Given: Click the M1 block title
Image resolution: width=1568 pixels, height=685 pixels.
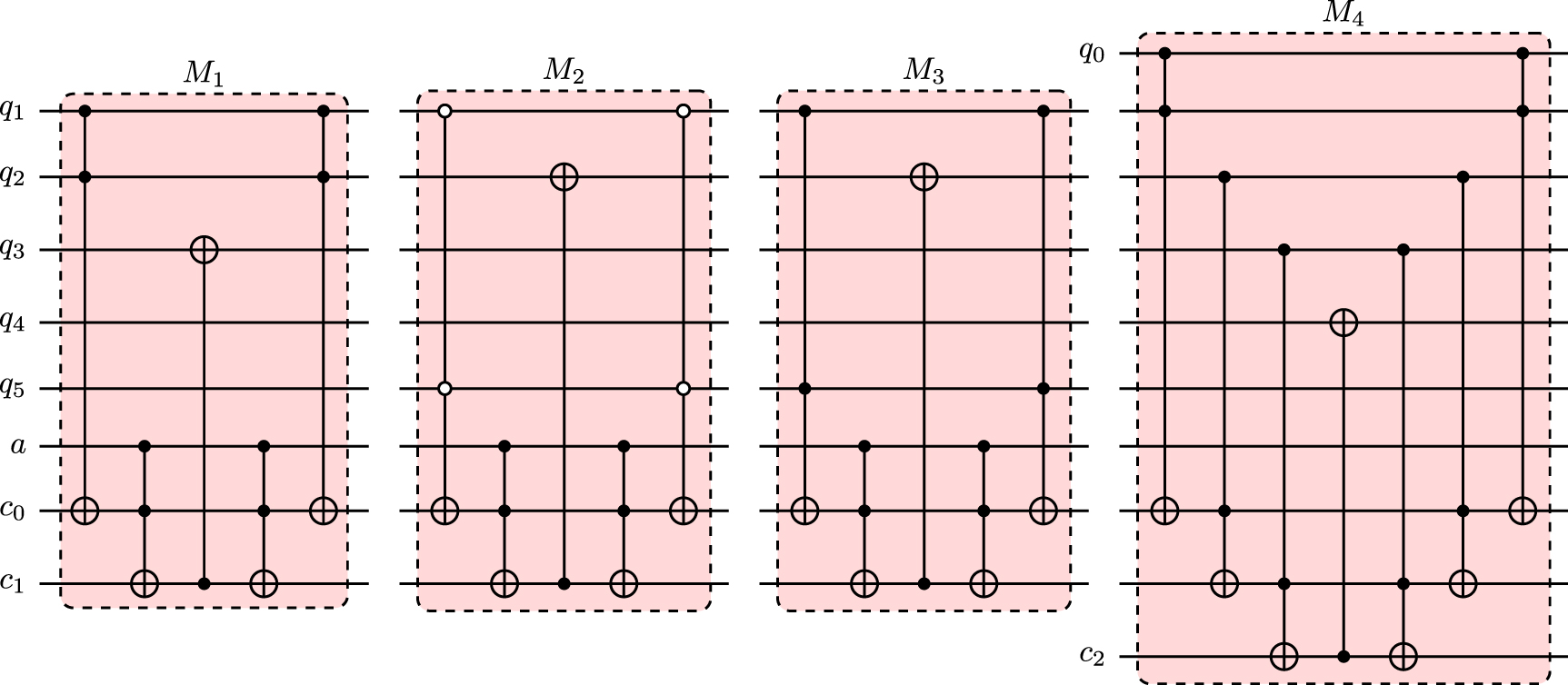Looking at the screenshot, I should click(204, 75).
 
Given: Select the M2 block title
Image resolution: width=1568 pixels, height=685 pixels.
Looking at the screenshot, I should click(564, 73).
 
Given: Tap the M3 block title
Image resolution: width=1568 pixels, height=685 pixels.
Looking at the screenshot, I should click(923, 73).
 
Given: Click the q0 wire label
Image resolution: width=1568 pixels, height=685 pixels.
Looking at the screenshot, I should click(1092, 52).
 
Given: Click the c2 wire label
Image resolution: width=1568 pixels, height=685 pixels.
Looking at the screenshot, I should click(1093, 654).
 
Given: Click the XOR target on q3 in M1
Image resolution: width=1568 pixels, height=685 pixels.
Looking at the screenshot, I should click(204, 250).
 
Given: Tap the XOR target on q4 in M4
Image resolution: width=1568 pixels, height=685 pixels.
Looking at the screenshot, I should click(1343, 323).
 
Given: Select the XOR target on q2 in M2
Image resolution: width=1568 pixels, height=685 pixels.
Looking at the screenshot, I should click(564, 176).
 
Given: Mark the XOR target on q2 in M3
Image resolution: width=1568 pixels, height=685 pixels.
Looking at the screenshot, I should click(924, 176).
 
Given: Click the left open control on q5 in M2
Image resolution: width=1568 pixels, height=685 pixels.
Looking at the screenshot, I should click(444, 389).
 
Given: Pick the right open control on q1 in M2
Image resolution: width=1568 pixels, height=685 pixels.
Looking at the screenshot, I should click(684, 112).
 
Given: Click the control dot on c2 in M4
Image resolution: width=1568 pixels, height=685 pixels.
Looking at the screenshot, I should click(1343, 655).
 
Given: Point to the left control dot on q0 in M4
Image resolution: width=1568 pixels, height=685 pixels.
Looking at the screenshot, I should click(1164, 54).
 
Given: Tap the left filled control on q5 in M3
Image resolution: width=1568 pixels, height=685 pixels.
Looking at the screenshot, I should click(804, 389).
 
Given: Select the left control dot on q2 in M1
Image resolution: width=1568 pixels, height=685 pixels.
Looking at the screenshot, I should click(85, 176).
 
